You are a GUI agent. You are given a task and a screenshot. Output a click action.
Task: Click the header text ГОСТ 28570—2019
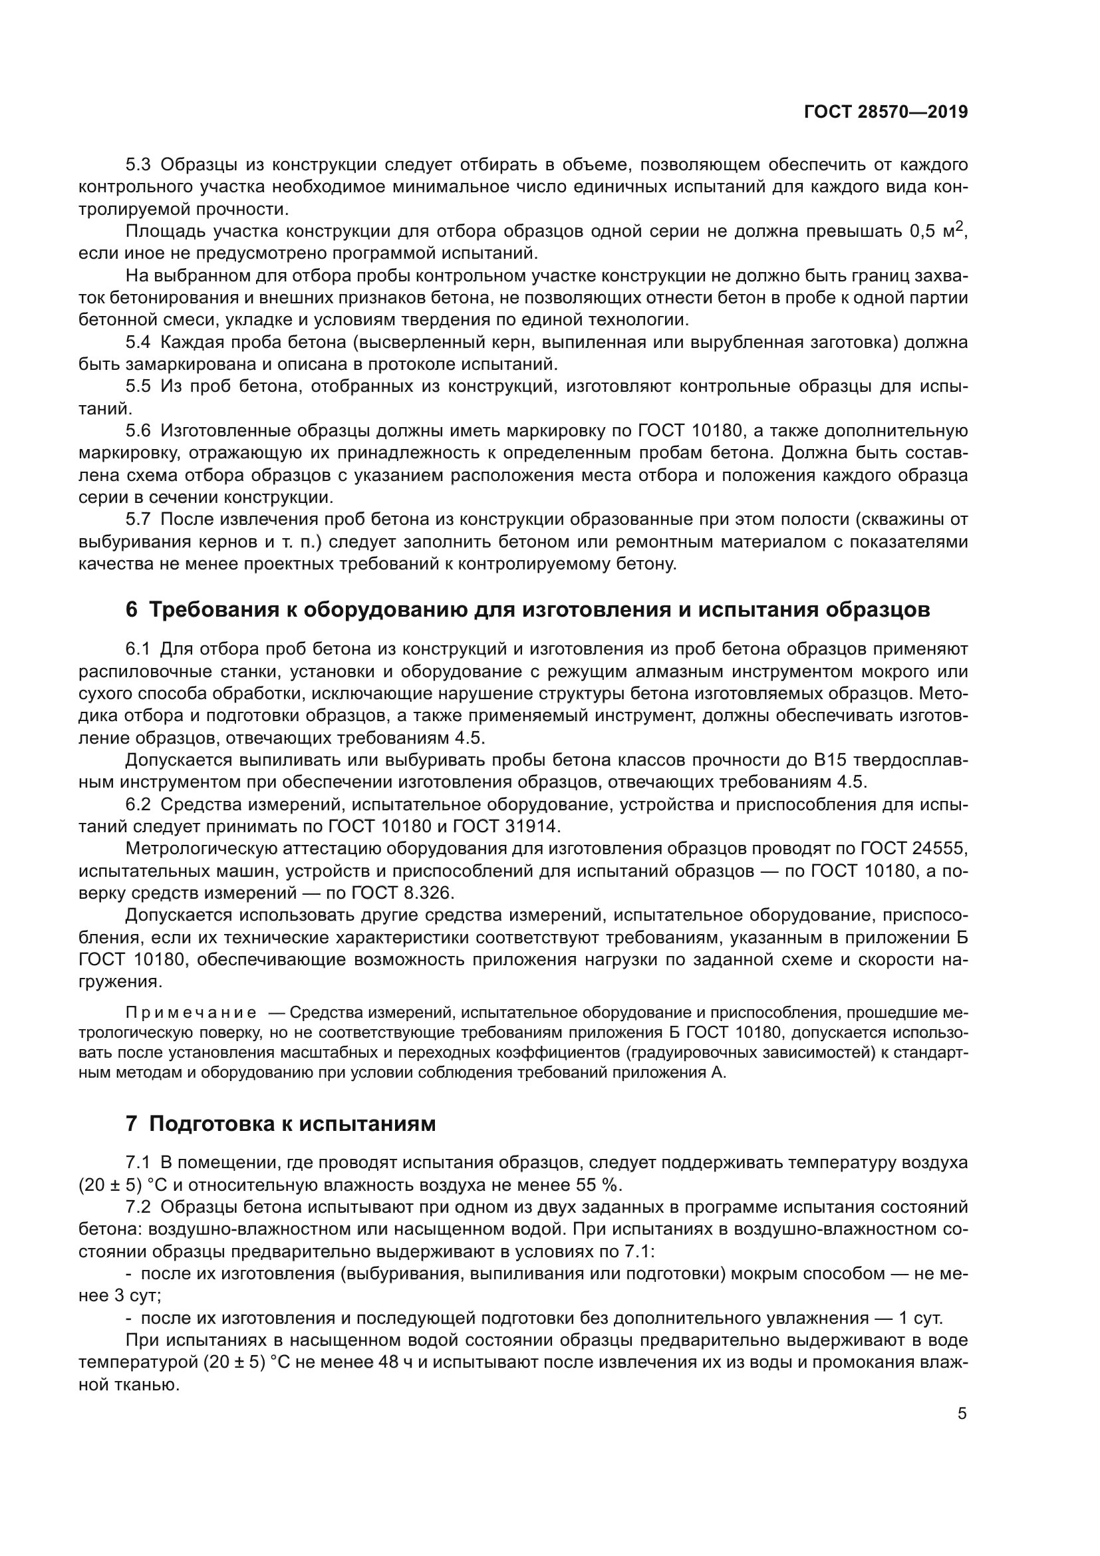point(885,112)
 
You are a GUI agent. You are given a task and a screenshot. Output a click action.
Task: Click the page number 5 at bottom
point(962,1414)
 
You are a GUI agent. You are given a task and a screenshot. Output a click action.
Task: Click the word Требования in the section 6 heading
point(211,610)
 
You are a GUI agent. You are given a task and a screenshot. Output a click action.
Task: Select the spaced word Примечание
point(192,1013)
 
